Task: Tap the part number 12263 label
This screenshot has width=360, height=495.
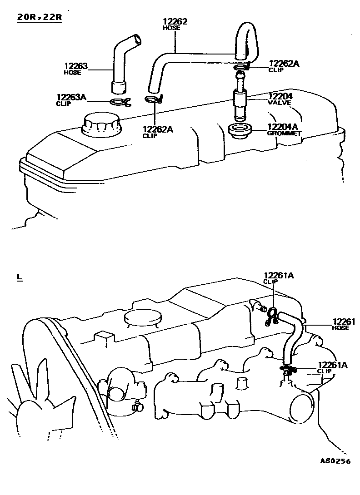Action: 75,66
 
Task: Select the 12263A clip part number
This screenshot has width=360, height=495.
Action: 71,97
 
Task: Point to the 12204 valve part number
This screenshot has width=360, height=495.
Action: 280,96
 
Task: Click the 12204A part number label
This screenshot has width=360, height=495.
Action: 282,127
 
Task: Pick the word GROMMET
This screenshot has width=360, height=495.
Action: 284,134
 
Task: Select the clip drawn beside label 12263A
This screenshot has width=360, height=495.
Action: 120,102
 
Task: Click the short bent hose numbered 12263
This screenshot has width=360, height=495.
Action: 122,64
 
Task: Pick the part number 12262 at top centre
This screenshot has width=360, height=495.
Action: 175,21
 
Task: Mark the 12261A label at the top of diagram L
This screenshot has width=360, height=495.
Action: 279,275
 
